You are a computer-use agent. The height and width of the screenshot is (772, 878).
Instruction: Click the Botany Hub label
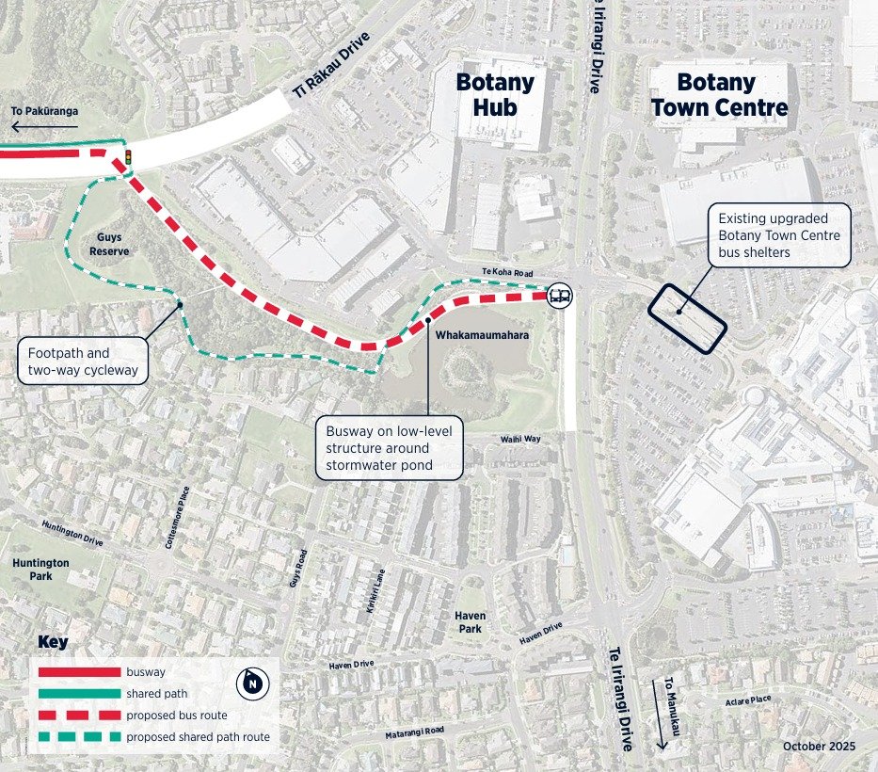[495, 94]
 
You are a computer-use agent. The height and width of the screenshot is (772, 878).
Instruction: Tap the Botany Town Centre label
[720, 94]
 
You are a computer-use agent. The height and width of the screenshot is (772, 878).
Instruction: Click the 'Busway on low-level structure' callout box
[389, 447]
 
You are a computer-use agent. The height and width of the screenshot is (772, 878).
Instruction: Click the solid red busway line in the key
[80, 672]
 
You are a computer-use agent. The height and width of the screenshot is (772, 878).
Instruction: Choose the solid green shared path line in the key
[80, 694]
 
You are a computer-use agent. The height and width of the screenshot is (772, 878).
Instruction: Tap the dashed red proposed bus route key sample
[80, 716]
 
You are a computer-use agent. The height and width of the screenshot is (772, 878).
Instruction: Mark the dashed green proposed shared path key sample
[80, 737]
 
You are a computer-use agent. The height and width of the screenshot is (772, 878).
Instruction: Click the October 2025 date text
[819, 746]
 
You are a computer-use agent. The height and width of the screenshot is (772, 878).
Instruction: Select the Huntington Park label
[40, 569]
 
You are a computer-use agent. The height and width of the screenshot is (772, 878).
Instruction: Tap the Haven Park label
[471, 621]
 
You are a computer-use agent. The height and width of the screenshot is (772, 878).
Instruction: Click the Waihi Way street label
[519, 439]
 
